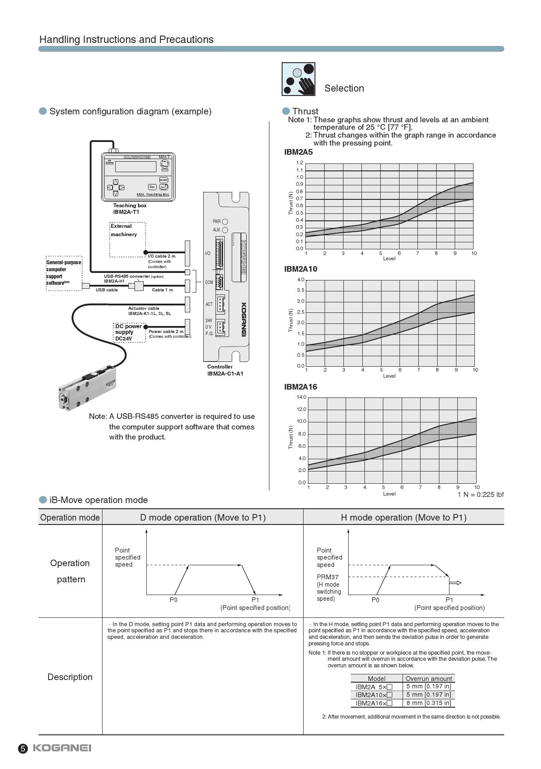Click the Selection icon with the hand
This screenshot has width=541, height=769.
(x=298, y=79)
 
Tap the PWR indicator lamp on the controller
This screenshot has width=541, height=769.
(x=225, y=222)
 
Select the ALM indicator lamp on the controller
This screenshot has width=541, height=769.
(x=225, y=230)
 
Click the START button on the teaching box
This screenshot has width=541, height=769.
(x=163, y=180)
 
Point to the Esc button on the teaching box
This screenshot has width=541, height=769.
(x=152, y=187)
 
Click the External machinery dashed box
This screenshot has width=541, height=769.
(x=127, y=239)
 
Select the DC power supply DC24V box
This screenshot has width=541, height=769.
(x=129, y=333)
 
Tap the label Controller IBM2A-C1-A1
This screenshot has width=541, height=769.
(x=225, y=370)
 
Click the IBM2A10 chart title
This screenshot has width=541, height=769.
(x=301, y=269)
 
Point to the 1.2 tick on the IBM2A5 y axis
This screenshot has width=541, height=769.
(x=300, y=163)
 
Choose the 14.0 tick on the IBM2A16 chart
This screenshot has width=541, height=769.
(x=301, y=397)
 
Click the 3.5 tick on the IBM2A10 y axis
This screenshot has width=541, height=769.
(x=301, y=291)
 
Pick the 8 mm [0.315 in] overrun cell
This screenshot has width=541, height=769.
(x=428, y=703)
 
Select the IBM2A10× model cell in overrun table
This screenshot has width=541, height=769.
(x=374, y=695)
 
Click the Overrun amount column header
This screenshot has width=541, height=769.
(x=428, y=679)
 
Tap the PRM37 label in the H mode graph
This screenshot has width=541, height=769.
(x=328, y=577)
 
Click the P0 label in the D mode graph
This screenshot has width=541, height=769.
(x=173, y=600)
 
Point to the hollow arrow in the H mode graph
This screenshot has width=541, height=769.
(x=456, y=583)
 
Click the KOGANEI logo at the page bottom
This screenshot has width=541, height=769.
(x=62, y=748)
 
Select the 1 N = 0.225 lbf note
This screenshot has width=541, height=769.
(x=481, y=495)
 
